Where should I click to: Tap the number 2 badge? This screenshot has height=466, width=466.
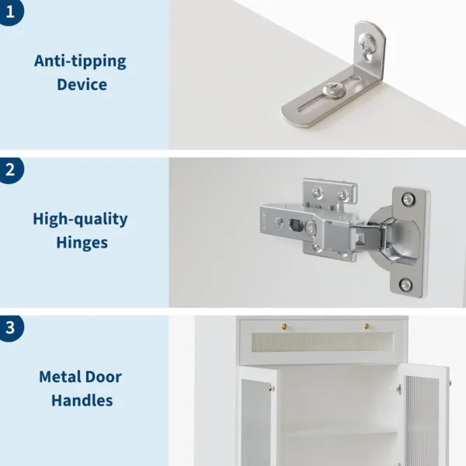pyautogui.click(x=9, y=171)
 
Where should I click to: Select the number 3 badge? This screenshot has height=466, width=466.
pyautogui.click(x=9, y=327)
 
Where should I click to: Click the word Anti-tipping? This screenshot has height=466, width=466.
pyautogui.click(x=80, y=61)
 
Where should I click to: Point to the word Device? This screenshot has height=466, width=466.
pyautogui.click(x=82, y=84)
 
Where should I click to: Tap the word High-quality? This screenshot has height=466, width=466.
pyautogui.click(x=80, y=219)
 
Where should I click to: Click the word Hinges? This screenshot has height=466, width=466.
pyautogui.click(x=82, y=242)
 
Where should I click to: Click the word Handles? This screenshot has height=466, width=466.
pyautogui.click(x=82, y=401)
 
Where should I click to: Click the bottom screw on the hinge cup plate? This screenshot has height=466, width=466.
pyautogui.click(x=405, y=285)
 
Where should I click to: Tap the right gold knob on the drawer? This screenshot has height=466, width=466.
pyautogui.click(x=366, y=326)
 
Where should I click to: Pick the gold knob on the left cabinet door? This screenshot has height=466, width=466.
pyautogui.click(x=271, y=388)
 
